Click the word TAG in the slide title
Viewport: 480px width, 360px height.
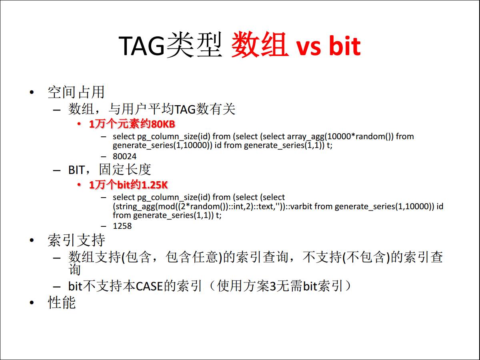pos(141,46)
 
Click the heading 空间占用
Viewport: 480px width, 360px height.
pos(76,92)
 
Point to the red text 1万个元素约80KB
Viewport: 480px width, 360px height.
pos(132,124)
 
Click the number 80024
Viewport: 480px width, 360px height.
pos(125,156)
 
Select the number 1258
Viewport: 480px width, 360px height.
pos(122,226)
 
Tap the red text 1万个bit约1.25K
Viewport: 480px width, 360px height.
pos(128,185)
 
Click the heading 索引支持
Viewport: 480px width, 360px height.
pos(76,240)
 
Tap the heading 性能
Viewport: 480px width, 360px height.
pos(62,303)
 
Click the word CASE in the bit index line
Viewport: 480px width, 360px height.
pos(150,286)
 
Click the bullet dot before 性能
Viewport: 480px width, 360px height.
pos(32,303)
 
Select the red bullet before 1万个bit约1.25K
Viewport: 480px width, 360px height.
pos(79,185)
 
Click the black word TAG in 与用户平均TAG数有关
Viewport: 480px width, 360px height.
pos(185,110)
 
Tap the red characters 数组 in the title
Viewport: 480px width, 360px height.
pos(260,45)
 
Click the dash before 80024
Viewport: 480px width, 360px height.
pos(104,157)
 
